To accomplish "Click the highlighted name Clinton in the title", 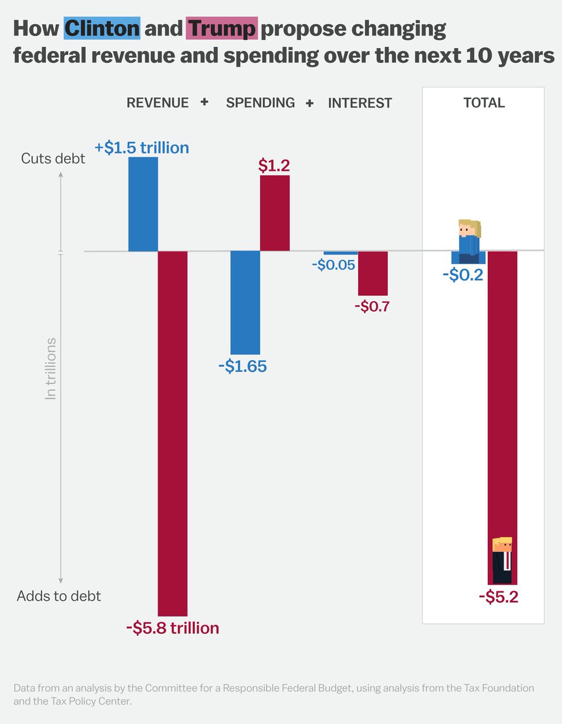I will click(103, 28).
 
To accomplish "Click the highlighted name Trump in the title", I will click(223, 28).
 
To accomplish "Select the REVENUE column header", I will click(157, 103).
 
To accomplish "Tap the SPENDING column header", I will click(260, 103).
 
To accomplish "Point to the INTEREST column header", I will click(360, 103).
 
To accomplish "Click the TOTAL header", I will click(484, 103).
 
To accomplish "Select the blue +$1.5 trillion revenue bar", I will click(144, 204).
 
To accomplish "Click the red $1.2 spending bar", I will click(275, 213).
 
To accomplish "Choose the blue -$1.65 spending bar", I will click(245, 302).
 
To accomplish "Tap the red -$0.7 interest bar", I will click(373, 273).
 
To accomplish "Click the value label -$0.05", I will click(333, 265).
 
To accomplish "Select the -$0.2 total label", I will click(462, 275).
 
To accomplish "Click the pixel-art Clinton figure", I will click(469, 240).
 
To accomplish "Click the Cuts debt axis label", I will click(53, 159).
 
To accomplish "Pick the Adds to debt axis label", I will click(59, 596).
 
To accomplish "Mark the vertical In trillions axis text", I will click(51, 368).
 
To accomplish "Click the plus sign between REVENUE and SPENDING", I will click(204, 102).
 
